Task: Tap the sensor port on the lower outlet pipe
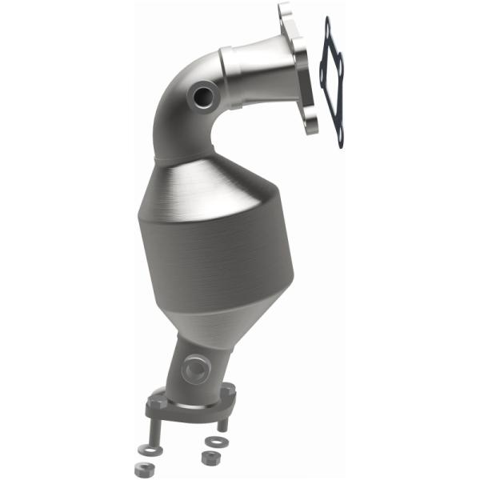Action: pos(194,369)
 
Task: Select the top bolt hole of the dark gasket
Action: pos(328,30)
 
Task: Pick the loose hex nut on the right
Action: pos(210,458)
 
